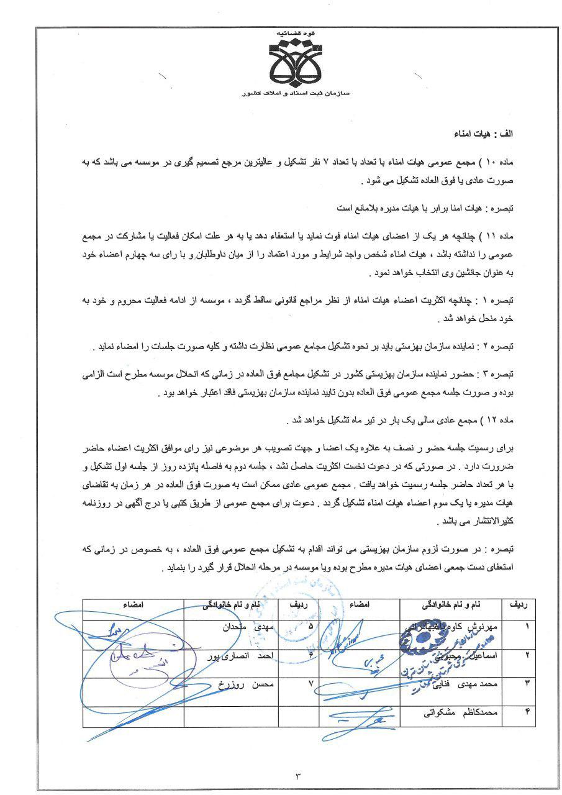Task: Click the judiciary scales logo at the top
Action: click(x=296, y=62)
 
